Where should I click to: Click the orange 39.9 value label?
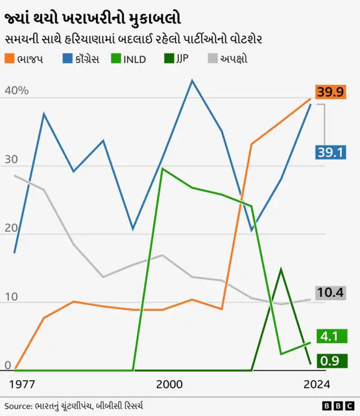point(330,92)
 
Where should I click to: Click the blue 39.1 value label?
point(330,152)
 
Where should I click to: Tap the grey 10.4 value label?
point(330,293)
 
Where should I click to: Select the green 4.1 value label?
point(330,336)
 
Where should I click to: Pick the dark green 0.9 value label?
point(330,361)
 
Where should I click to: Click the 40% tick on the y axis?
point(16,91)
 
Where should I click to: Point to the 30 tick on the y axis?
point(11,160)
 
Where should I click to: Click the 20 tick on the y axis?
point(11,228)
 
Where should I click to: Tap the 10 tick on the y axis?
point(11,297)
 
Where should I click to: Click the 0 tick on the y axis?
point(8,365)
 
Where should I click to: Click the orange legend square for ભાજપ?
point(10,58)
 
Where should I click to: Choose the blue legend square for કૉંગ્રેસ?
point(67,58)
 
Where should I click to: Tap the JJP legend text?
point(182,59)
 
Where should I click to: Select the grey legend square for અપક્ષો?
point(212,58)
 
